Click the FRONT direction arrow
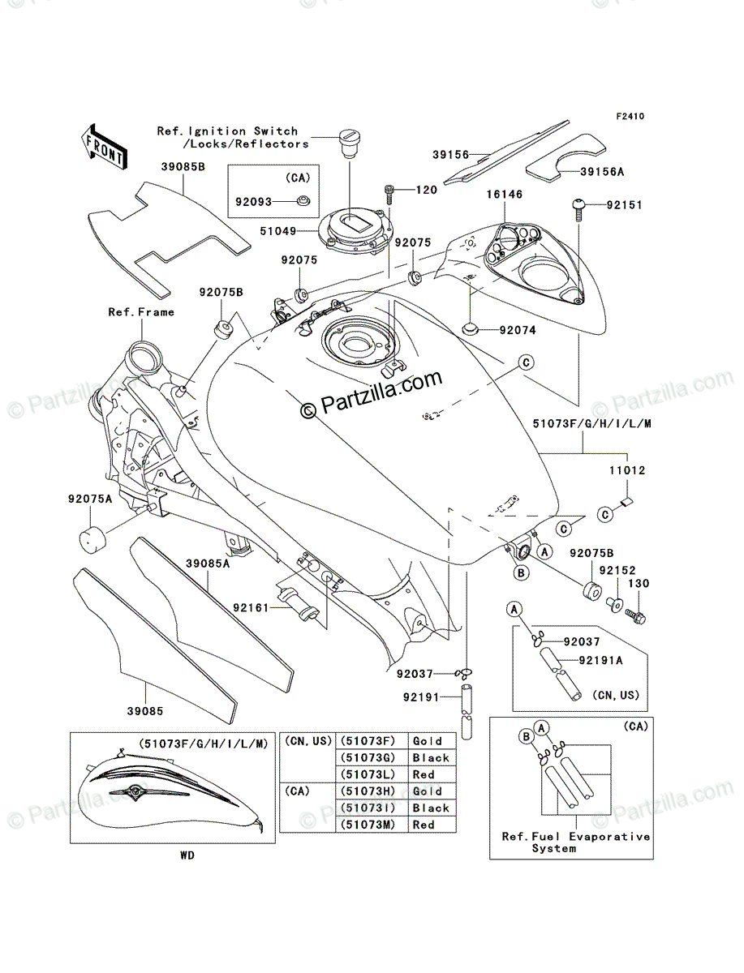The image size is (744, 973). [x=104, y=148]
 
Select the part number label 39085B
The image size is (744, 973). [x=183, y=167]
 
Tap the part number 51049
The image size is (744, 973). [x=278, y=231]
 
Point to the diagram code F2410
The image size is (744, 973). [x=630, y=117]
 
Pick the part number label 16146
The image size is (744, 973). [x=505, y=194]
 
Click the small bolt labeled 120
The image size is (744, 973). [x=389, y=194]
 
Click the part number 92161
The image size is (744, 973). [x=251, y=608]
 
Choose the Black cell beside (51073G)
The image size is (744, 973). [x=431, y=757]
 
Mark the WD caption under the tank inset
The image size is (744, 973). [x=187, y=855]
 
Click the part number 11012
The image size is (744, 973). [x=627, y=470]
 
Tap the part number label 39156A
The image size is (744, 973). [x=602, y=172]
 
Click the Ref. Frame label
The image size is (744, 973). [x=141, y=312]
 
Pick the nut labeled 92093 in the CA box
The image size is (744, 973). [x=303, y=201]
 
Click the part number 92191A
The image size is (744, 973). [x=600, y=661]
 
